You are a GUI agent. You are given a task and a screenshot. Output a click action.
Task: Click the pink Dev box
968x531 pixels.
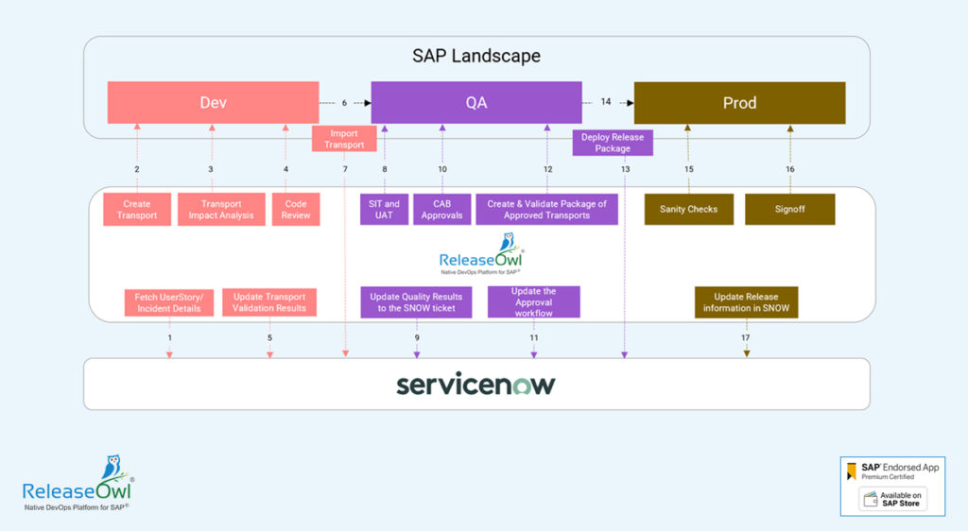click(213, 102)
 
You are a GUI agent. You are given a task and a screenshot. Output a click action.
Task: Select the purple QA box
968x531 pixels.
click(476, 102)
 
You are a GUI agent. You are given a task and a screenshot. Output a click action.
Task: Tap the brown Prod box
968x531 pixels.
click(739, 102)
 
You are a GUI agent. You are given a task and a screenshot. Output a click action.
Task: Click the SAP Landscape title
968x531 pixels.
click(476, 56)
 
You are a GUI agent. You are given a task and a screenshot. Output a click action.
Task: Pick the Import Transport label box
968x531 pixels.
click(344, 139)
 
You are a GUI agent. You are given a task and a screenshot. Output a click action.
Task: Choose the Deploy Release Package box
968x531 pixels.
click(613, 143)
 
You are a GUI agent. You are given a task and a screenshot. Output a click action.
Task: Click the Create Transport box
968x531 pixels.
click(137, 210)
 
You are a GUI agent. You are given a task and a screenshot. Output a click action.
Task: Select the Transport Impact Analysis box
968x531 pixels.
click(221, 210)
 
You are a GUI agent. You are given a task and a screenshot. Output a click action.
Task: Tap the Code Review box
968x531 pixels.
click(296, 210)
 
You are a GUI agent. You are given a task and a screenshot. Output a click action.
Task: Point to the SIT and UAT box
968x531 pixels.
click(384, 210)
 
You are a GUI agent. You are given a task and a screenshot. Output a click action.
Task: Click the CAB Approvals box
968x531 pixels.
click(441, 210)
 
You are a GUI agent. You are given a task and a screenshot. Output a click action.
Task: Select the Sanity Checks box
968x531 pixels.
click(688, 210)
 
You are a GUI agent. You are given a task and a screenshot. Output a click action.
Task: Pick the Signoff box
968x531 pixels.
click(789, 210)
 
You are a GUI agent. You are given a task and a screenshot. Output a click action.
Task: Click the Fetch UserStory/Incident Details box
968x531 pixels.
click(168, 302)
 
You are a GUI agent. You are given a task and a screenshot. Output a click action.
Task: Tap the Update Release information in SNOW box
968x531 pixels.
click(747, 302)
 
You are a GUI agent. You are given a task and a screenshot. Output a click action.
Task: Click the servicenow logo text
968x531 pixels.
click(476, 385)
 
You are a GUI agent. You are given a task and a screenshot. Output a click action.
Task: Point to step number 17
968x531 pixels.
click(746, 337)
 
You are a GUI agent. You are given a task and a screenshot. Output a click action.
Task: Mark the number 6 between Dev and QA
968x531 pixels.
click(344, 102)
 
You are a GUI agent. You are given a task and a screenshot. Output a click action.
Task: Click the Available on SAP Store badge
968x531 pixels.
click(893, 500)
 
